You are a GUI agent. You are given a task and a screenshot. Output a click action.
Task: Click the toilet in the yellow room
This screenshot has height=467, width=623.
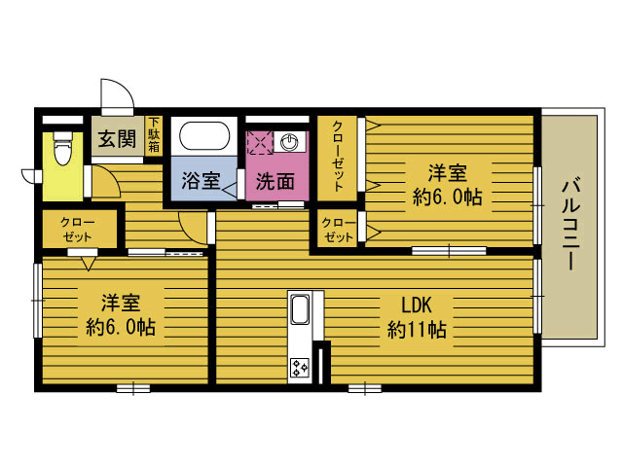coord(62,149)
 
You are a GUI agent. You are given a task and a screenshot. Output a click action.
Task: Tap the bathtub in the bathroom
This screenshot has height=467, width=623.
coord(204,135)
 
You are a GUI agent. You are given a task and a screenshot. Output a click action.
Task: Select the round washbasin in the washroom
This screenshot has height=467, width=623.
coord(289,142)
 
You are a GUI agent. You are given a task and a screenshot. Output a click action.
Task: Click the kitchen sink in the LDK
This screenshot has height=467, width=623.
coord(300,309)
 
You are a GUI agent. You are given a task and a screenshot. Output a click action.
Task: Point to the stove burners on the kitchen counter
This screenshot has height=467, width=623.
coord(300,368)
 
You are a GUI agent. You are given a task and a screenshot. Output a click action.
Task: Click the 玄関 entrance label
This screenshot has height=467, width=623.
coord(117,138)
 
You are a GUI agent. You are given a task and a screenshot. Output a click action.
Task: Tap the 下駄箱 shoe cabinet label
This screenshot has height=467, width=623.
coord(154,134)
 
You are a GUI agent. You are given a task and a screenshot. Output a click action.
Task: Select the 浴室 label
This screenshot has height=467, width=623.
coord(201,181)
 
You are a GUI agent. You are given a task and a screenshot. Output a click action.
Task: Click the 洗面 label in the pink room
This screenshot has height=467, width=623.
coord(275,182)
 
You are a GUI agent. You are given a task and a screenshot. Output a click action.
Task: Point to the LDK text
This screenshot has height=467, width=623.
coord(416,305)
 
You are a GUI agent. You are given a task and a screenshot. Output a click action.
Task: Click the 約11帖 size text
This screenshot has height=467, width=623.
coord(417,330)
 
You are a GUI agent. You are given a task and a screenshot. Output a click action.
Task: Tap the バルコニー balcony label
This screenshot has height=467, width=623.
coord(571,225)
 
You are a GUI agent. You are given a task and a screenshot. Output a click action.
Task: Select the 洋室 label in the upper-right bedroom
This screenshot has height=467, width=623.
coord(448,173)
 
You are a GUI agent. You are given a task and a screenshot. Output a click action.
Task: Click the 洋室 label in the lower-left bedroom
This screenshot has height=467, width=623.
coord(121,303)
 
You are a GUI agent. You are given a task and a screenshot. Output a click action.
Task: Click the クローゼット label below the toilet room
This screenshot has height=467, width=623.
coord(78,230)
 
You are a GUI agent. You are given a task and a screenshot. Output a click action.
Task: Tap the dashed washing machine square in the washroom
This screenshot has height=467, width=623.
coord(260,142)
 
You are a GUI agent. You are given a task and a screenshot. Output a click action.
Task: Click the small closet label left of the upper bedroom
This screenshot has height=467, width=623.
coord(339,230)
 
